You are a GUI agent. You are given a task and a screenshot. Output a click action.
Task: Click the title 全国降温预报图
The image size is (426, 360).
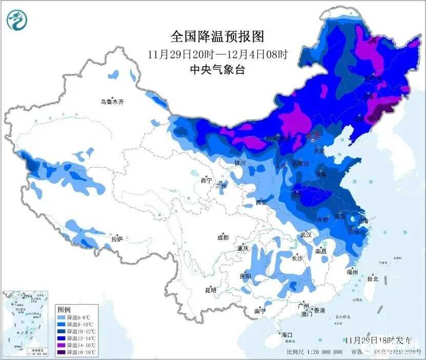(x=217, y=37)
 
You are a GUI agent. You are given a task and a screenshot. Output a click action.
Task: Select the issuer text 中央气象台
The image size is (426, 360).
(x=217, y=70)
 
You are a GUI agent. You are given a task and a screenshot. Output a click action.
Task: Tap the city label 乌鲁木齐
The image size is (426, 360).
(x=112, y=102)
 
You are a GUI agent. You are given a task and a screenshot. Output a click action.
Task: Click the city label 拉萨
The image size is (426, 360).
(x=117, y=238)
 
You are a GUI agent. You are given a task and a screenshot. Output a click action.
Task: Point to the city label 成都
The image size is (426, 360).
(x=222, y=237)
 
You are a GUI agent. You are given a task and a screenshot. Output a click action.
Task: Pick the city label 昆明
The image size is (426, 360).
(x=210, y=290)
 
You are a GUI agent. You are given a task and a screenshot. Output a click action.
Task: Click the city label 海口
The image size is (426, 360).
(x=286, y=334)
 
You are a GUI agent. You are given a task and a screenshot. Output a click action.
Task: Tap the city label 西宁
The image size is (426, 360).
(x=206, y=180)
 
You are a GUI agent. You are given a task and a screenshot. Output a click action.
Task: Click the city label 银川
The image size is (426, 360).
(x=240, y=163)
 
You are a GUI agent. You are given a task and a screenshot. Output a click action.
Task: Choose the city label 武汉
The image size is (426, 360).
(x=306, y=234)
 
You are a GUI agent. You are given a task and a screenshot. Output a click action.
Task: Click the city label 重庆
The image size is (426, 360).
(x=242, y=248)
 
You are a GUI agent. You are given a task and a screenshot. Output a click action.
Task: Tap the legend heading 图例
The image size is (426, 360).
(x=64, y=310)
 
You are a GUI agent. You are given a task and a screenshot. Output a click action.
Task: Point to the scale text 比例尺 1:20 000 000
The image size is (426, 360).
(x=314, y=352)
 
